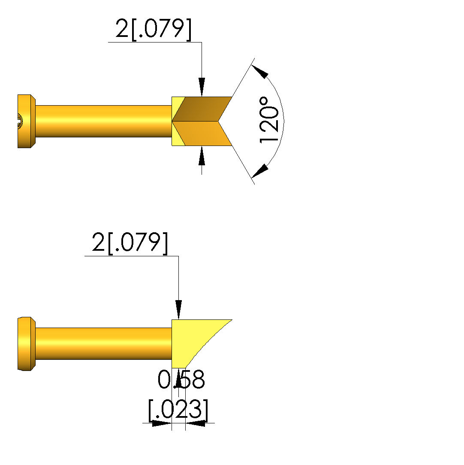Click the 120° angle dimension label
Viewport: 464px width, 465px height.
click(269, 120)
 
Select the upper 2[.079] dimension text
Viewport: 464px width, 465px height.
click(154, 29)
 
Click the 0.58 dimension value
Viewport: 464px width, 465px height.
click(181, 379)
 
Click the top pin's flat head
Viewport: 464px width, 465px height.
click(26, 121)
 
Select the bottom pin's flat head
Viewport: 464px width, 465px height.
click(26, 344)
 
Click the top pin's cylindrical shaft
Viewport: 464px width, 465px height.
click(104, 121)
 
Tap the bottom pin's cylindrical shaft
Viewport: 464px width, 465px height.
click(104, 344)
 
